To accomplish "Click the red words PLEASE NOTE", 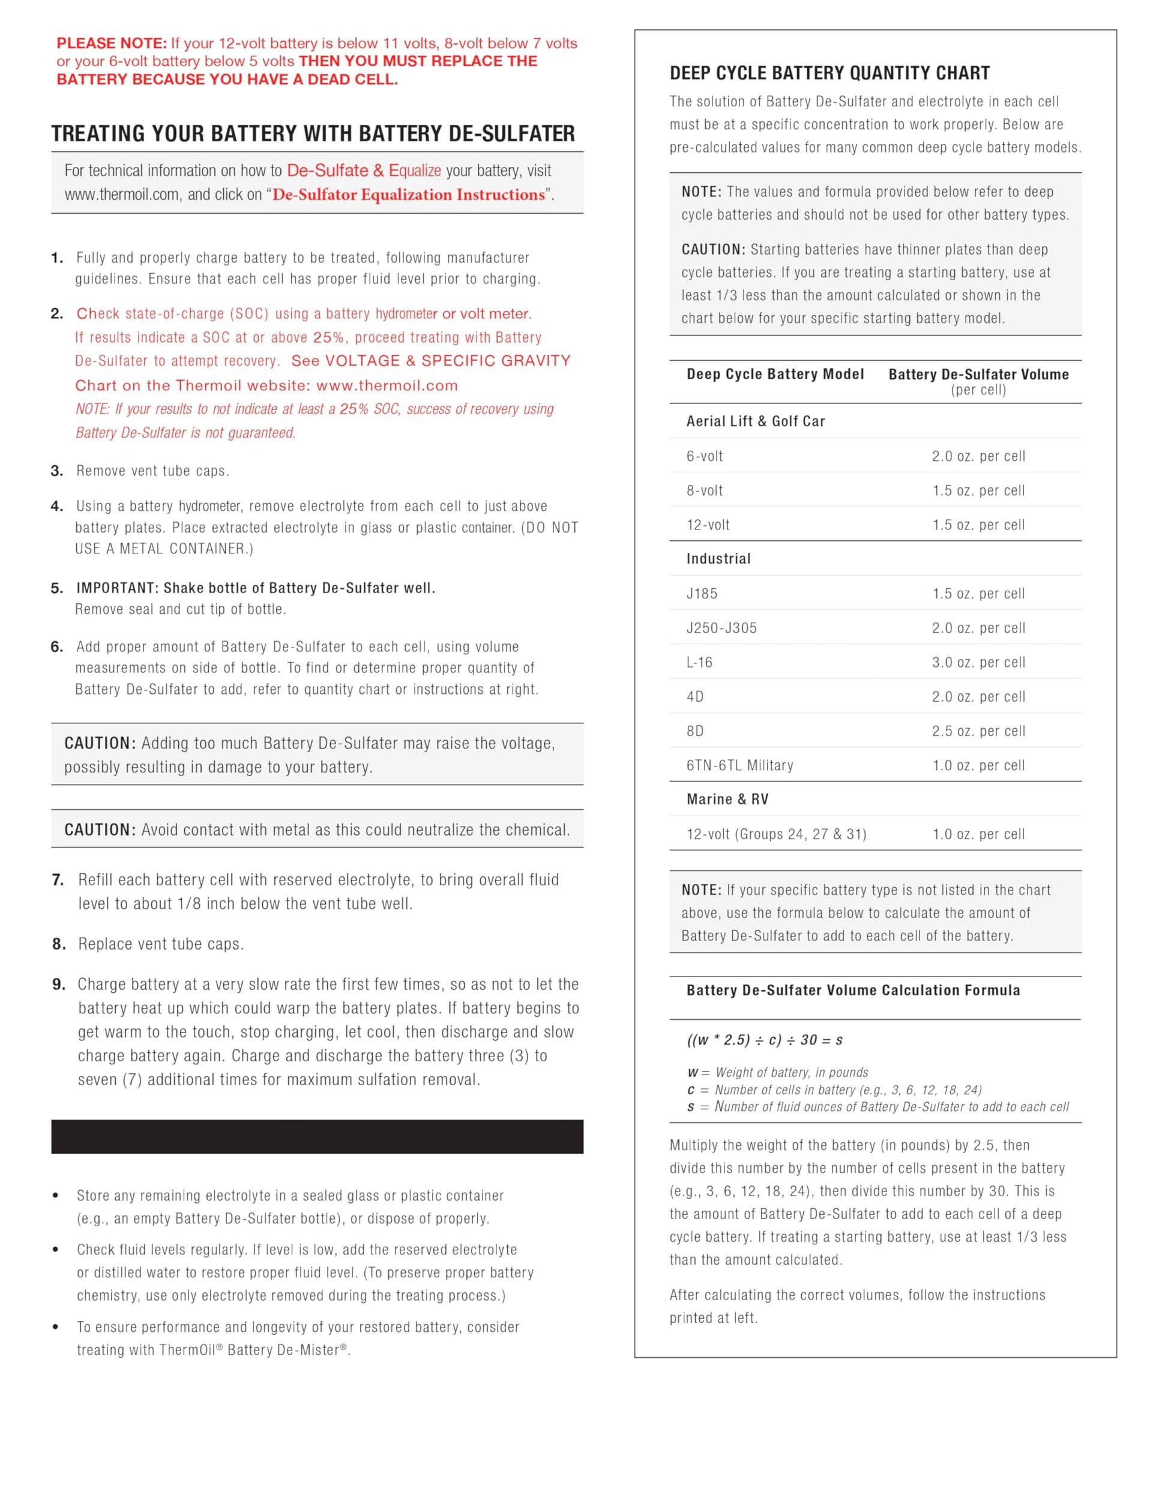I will pos(112,43).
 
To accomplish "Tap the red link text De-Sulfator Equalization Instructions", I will pos(409,194).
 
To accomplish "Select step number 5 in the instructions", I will pos(57,588).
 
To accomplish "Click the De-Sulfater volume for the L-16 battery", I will pos(978,662).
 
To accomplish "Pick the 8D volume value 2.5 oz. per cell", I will pos(978,730).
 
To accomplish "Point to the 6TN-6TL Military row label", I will pos(739,765).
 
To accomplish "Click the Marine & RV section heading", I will pos(727,799).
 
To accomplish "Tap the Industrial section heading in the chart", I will pos(718,559).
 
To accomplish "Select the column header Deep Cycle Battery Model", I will pos(775,374).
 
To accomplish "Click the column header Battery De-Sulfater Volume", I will pos(978,375).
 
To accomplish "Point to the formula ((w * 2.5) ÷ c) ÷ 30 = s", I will pos(764,1040).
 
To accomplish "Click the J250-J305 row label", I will pos(721,628).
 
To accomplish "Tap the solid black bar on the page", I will pos(317,1137).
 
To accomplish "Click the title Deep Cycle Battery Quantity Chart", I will pos(829,73).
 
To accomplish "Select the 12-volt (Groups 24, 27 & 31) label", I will pos(776,834).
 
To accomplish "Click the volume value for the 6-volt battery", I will pos(978,456).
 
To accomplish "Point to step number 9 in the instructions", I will pos(59,984).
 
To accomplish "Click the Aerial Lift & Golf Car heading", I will pos(755,421).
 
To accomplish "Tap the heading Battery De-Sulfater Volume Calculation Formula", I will pos(853,990).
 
